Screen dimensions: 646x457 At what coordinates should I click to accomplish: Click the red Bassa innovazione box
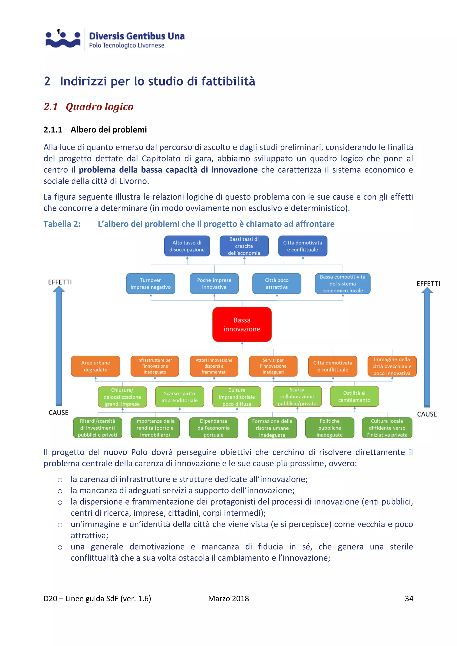click(242, 324)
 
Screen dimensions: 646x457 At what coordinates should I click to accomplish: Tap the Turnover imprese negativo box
click(151, 284)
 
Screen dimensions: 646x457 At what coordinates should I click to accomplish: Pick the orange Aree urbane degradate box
click(96, 366)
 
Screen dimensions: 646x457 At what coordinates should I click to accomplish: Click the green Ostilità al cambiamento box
click(354, 396)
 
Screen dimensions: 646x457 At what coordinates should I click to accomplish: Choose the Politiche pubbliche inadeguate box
click(330, 428)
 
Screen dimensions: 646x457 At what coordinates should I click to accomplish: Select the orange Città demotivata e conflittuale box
click(333, 366)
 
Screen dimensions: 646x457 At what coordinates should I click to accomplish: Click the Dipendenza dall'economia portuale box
click(214, 428)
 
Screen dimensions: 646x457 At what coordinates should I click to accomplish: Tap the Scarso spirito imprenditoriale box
click(180, 397)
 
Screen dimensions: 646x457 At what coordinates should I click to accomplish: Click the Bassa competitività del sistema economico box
click(343, 284)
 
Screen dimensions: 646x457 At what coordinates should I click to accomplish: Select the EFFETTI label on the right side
click(428, 284)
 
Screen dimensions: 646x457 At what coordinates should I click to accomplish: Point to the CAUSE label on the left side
click(58, 412)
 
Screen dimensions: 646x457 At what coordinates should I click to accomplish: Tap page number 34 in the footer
click(409, 598)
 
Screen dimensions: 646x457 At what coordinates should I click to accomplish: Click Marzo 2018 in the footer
click(228, 598)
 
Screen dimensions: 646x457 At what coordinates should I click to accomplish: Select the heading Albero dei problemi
click(109, 130)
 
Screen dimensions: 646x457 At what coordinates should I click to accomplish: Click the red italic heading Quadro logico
click(99, 107)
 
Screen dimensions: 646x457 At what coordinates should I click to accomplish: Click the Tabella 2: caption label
click(62, 224)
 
